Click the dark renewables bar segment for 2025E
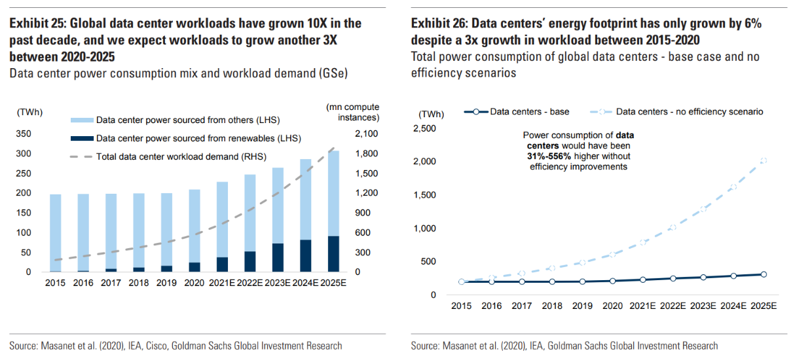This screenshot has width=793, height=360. [333, 254]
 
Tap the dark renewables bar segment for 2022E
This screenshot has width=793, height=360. [250, 261]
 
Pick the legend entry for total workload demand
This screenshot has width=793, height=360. [181, 157]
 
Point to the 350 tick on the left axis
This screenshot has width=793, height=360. [24, 134]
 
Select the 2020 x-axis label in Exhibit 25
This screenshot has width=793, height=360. [194, 283]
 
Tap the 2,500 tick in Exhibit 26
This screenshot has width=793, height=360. [426, 128]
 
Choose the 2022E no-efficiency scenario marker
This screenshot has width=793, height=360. [673, 228]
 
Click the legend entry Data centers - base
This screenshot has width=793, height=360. [521, 112]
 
